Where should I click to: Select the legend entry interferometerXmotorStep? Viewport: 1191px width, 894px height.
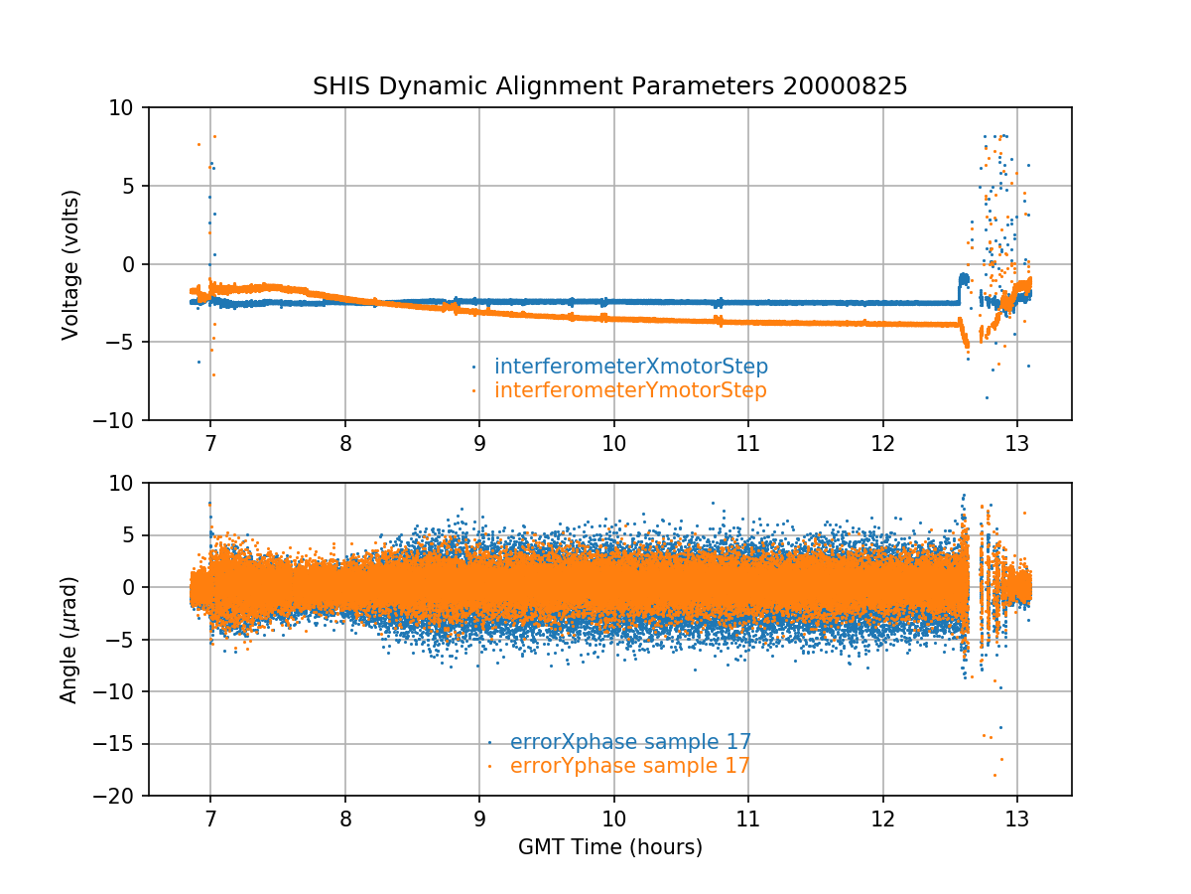[630, 367]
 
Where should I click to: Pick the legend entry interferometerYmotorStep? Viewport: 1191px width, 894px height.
[630, 390]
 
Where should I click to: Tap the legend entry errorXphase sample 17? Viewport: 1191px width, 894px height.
[630, 742]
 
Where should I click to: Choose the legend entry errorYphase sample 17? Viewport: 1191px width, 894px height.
[629, 766]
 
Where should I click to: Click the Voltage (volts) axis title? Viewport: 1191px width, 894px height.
[70, 264]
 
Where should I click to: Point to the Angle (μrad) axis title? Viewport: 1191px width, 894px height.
[70, 640]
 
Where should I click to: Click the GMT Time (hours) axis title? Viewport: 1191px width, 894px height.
[610, 847]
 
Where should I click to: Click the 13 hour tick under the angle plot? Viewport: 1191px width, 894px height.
[1016, 817]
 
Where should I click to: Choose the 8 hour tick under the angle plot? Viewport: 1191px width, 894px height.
[345, 817]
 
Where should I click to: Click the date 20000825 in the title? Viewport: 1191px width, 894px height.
[845, 86]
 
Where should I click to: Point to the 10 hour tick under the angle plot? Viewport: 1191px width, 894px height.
[613, 817]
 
